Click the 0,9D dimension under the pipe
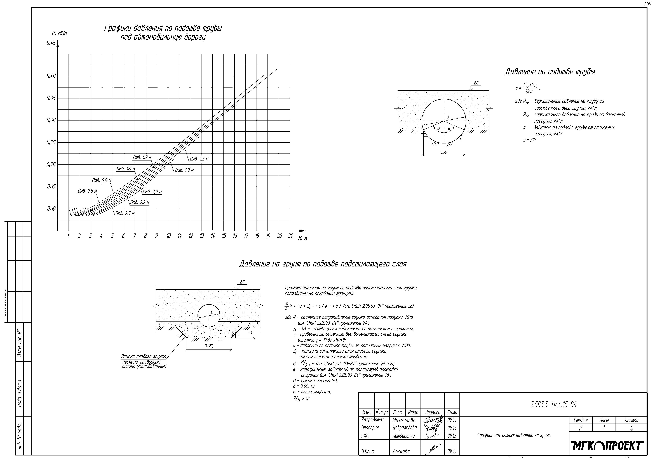[x=444, y=152]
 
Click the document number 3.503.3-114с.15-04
[x=553, y=405]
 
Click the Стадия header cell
[x=581, y=420]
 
